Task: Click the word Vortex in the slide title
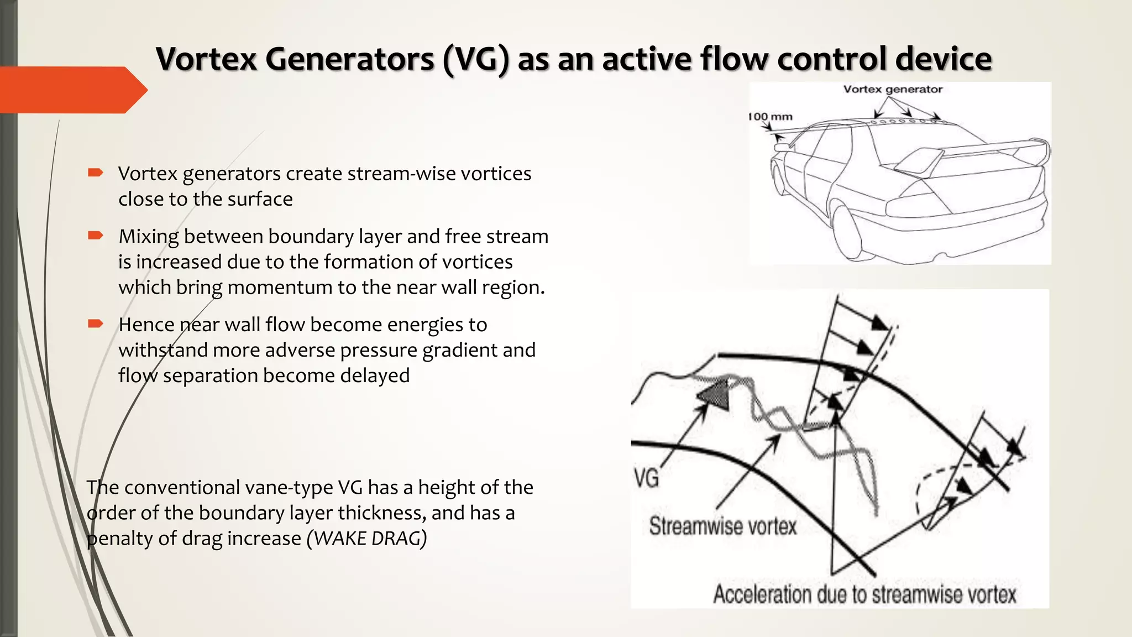click(206, 59)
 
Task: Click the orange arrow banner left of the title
click(72, 90)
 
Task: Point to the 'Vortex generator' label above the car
click(892, 90)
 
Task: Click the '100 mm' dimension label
click(771, 117)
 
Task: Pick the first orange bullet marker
click(95, 173)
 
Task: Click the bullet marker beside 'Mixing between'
click(95, 236)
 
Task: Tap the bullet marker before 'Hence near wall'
click(95, 324)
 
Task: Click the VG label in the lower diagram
click(646, 478)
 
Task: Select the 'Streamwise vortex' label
click(722, 526)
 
